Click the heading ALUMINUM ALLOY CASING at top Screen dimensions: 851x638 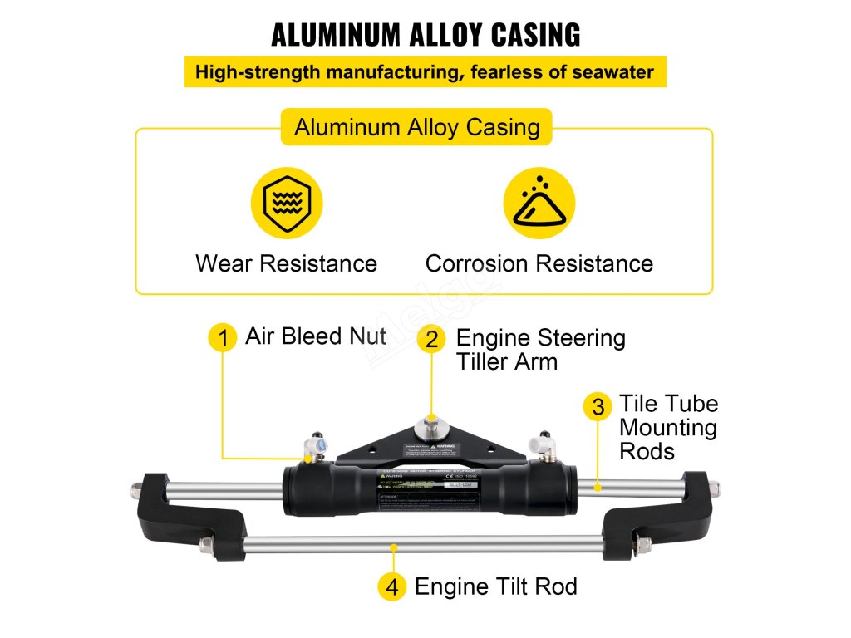425,35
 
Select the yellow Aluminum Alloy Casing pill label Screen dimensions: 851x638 416,128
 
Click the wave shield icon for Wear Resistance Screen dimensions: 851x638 287,203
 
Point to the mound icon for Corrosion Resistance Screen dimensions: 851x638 539,203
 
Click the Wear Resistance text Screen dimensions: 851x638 286,263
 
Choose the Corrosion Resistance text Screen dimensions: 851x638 539,263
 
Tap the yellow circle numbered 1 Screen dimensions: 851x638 222,338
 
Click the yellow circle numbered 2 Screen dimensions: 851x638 431,339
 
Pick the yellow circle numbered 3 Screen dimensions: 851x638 598,407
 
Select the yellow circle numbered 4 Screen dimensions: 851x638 393,587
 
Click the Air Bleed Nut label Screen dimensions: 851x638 315,336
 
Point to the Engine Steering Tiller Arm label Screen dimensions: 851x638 540,350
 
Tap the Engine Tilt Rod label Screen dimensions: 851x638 495,586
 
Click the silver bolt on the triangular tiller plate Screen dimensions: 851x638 431,424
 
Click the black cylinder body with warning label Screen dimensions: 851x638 429,490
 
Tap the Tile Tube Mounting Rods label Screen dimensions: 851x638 668,428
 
